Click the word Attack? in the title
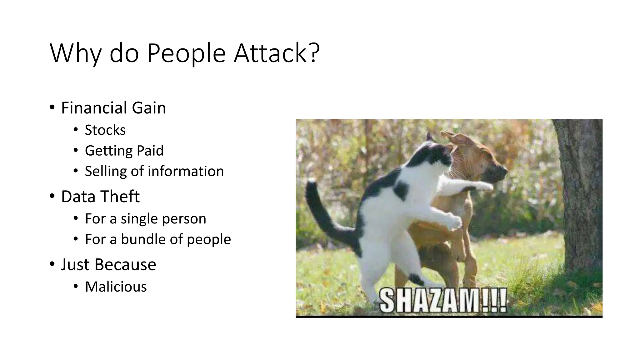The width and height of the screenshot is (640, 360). click(277, 53)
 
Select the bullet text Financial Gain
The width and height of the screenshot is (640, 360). click(113, 108)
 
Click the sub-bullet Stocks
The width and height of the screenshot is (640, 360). click(105, 130)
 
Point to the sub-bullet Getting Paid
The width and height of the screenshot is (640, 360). click(124, 151)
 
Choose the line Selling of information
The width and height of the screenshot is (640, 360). click(154, 171)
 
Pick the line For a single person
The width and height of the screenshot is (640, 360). click(145, 219)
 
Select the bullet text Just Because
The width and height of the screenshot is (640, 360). click(108, 265)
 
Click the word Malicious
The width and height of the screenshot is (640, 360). click(116, 287)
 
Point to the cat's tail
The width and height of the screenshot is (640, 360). click(322, 212)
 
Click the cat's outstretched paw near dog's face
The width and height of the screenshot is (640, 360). click(483, 187)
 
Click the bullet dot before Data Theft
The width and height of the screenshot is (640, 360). click(52, 196)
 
